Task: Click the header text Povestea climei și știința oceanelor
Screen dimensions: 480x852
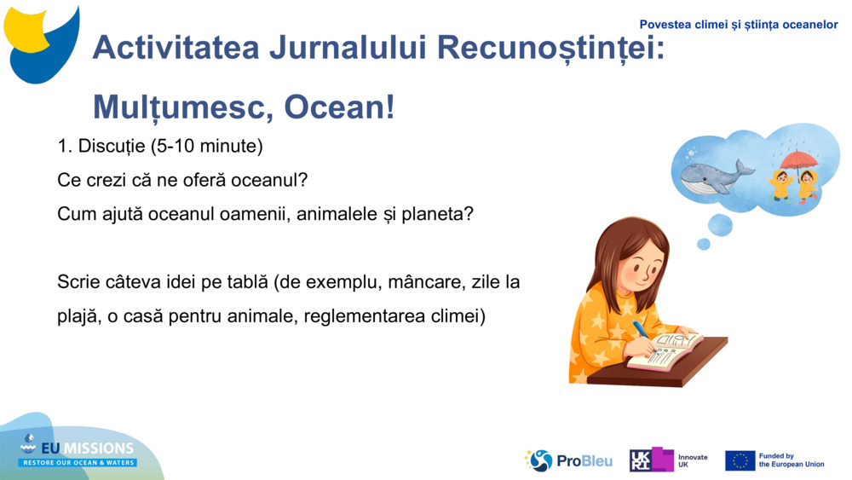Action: click(x=739, y=25)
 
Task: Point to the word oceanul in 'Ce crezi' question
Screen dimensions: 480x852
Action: click(x=251, y=181)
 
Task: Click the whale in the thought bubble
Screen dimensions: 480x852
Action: click(x=714, y=176)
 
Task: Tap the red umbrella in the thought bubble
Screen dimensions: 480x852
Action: click(x=798, y=159)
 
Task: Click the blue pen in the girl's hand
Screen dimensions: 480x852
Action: click(x=641, y=333)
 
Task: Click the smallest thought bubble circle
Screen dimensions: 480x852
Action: click(x=703, y=245)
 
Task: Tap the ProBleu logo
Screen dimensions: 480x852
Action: click(x=569, y=460)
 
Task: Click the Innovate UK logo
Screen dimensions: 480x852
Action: click(x=668, y=460)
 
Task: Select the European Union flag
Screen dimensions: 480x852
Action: click(x=740, y=460)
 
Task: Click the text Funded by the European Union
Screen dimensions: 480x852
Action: click(x=791, y=460)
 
